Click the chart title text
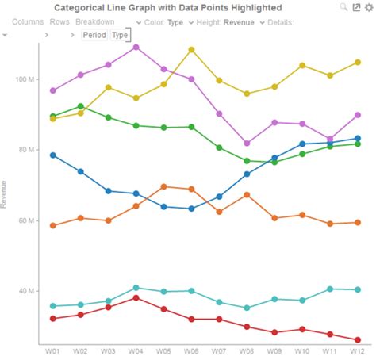pyautogui.click(x=167, y=7)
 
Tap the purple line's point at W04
pyautogui.click(x=136, y=47)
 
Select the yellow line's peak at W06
pyautogui.click(x=191, y=49)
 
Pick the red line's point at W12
pyautogui.click(x=358, y=340)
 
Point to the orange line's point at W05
pyautogui.click(x=163, y=186)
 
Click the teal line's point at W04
pyautogui.click(x=136, y=288)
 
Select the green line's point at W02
pyautogui.click(x=81, y=106)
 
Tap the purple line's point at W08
pyautogui.click(x=247, y=144)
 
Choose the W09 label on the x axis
pyautogui.click(x=274, y=350)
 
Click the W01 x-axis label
pyautogui.click(x=53, y=350)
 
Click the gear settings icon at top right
pyautogui.click(x=368, y=7)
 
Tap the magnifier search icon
pyautogui.click(x=343, y=7)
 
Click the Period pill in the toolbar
pyautogui.click(x=94, y=35)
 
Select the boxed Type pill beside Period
pyautogui.click(x=120, y=35)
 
